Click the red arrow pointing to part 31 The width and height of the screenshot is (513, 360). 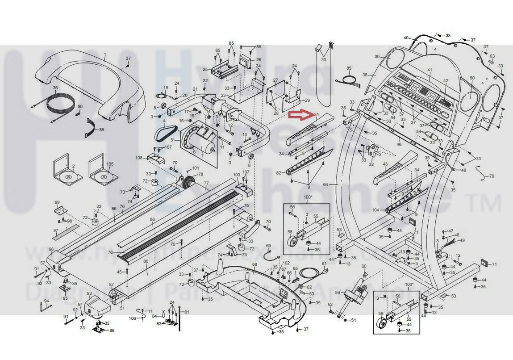tap(300, 116)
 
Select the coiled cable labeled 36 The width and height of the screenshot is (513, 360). tap(53, 105)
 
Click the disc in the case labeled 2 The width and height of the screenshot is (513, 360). tap(68, 177)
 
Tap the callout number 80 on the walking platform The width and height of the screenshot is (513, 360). tap(146, 261)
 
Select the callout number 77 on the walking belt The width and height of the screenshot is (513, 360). tap(206, 183)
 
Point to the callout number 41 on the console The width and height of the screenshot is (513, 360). tap(430, 70)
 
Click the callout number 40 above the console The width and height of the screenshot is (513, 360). tap(406, 38)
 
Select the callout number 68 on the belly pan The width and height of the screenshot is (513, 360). tap(254, 264)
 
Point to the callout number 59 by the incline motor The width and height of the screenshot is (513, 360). tap(338, 293)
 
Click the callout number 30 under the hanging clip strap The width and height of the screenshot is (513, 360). tap(324, 59)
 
